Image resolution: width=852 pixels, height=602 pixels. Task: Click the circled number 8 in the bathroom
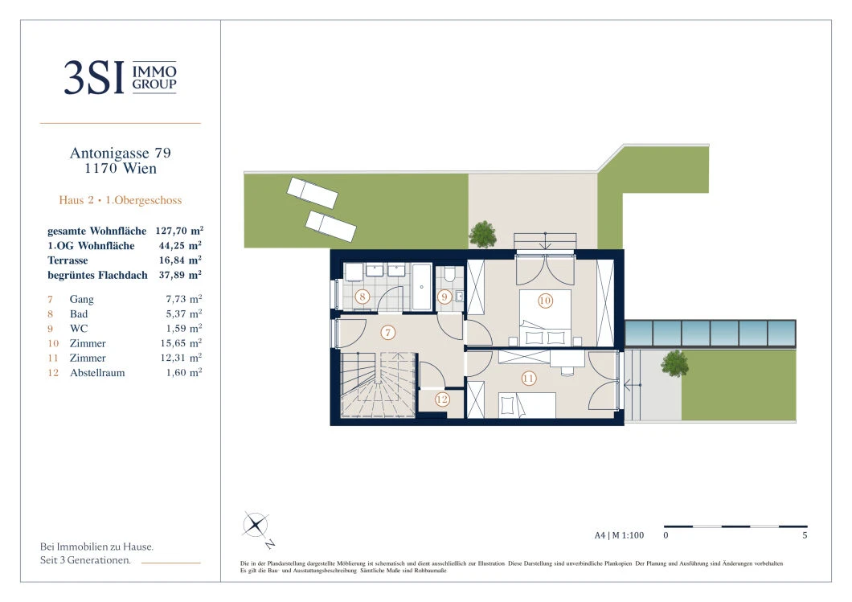click(x=363, y=297)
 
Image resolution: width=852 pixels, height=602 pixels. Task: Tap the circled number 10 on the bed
click(x=545, y=301)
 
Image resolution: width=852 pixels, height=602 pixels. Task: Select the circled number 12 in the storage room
click(x=442, y=400)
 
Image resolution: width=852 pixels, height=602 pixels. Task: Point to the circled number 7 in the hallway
click(x=388, y=333)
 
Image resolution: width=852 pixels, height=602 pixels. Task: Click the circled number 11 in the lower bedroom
click(x=529, y=378)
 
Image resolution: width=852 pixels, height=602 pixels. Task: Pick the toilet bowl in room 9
click(x=449, y=275)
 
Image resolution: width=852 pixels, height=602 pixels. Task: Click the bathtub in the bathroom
click(x=422, y=286)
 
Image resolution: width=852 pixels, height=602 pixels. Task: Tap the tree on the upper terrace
click(x=482, y=235)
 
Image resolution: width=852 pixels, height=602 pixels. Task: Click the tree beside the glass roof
click(x=674, y=363)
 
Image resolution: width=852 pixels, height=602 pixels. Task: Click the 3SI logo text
click(x=94, y=78)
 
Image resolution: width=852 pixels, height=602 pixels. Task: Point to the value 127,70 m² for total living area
click(x=179, y=231)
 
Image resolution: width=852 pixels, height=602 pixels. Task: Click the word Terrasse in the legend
click(x=68, y=260)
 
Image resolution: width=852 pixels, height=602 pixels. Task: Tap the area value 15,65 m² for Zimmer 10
click(x=181, y=343)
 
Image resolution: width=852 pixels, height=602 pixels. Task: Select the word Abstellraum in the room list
click(x=97, y=373)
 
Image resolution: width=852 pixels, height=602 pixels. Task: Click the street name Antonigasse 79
click(x=120, y=154)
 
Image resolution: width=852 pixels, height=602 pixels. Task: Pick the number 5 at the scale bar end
click(x=805, y=535)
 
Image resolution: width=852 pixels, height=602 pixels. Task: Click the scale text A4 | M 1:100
click(x=619, y=535)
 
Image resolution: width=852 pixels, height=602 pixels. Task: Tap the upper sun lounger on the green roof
click(x=313, y=193)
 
